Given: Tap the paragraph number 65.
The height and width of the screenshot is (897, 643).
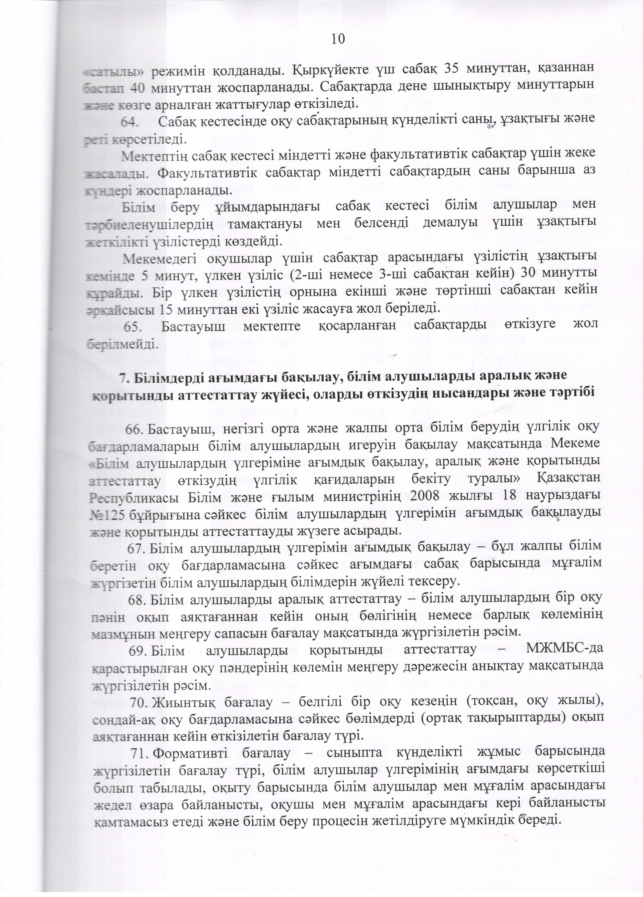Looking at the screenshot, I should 133,327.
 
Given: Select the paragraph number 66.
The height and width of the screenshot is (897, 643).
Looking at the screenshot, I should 136,428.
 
